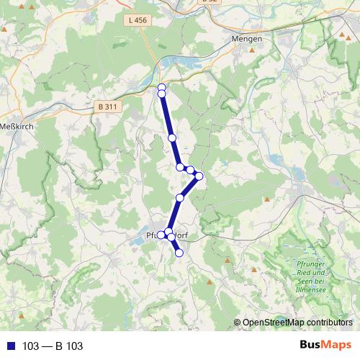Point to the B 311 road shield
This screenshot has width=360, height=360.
[106, 106]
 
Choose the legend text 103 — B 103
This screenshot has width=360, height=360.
[53, 346]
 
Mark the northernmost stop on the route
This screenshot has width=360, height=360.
[161, 87]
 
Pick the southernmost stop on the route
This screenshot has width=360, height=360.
[179, 253]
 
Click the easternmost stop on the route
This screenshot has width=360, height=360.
[199, 176]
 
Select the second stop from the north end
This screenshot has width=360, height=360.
[162, 94]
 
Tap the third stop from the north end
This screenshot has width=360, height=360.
[172, 138]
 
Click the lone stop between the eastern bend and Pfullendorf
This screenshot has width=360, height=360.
[180, 197]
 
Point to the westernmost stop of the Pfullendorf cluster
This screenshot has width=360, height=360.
[161, 234]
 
